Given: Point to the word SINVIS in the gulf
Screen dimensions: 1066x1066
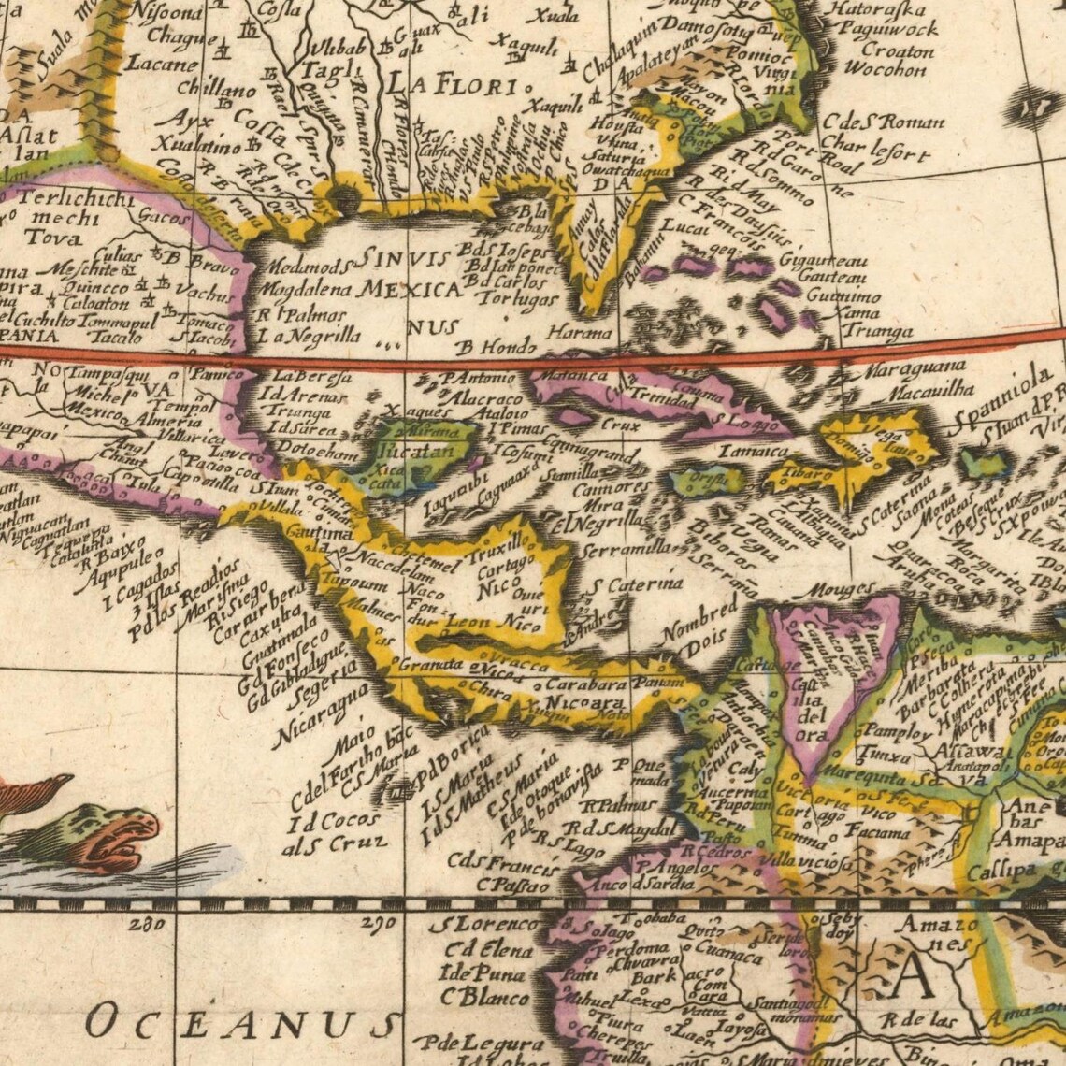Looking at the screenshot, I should pos(405,258).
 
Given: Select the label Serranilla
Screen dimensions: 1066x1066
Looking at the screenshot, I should pos(624,550).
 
